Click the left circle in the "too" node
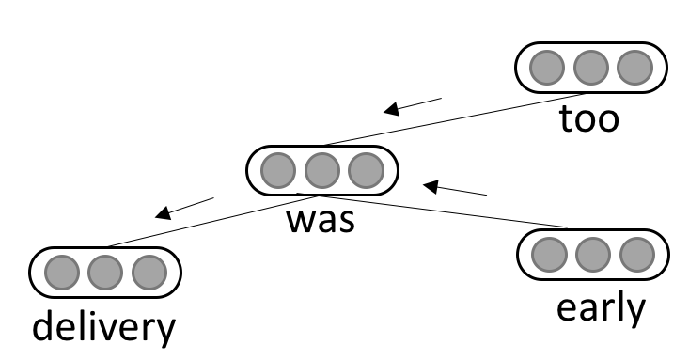pyautogui.click(x=546, y=68)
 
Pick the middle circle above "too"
pyautogui.click(x=591, y=68)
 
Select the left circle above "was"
pyautogui.click(x=277, y=171)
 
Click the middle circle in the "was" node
pyautogui.click(x=321, y=171)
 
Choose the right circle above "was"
pyautogui.click(x=366, y=171)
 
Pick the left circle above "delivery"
pyautogui.click(x=61, y=272)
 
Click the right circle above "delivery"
pyautogui.click(x=149, y=272)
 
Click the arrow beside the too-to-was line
pyautogui.click(x=413, y=104)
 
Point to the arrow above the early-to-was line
pyautogui.click(x=455, y=190)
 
